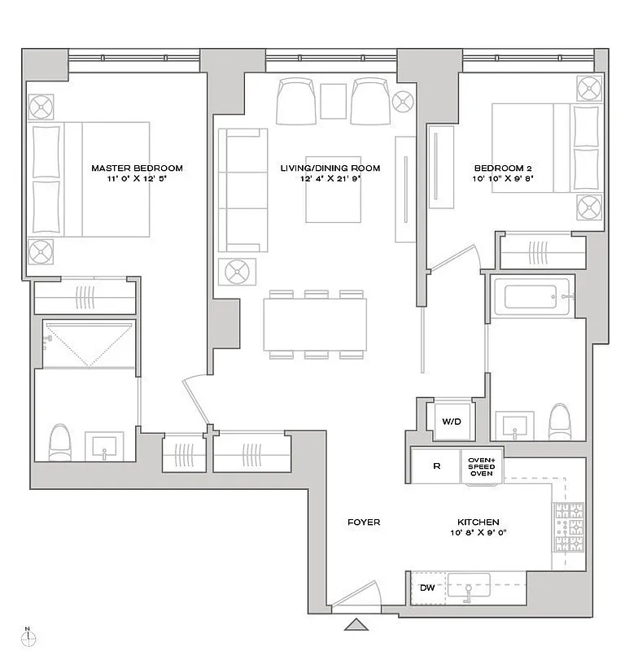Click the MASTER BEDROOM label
pos(137,168)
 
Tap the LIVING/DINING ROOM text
pos(330,168)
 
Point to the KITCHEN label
pos(478,522)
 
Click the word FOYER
pos(363,522)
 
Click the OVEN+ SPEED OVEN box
pos(481,467)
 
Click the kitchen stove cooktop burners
pos(569,528)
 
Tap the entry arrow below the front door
pos(356,625)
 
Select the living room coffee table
pos(332,188)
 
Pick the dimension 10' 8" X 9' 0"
pos(478,535)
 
